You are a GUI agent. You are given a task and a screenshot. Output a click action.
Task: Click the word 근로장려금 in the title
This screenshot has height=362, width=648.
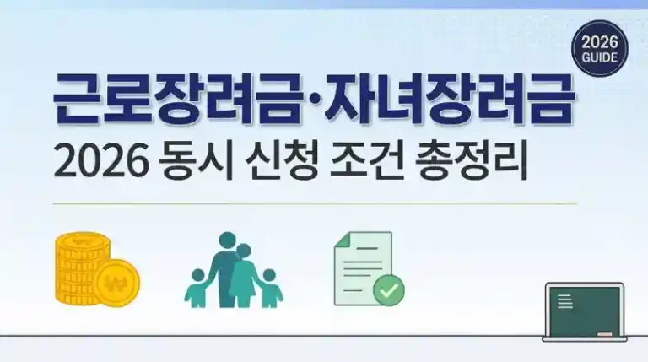177,99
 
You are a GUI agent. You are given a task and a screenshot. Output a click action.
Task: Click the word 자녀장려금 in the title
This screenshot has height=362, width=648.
449,99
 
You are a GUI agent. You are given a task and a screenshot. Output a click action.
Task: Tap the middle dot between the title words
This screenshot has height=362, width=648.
312,100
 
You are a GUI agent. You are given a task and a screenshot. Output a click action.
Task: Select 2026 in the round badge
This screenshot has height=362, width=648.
600,42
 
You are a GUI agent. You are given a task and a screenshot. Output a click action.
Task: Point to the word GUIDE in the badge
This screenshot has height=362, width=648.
600,57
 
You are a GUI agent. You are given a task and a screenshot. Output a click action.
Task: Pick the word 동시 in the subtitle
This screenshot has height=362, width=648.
195,160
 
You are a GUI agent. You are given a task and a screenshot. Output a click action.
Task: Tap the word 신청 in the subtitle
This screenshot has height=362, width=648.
281,160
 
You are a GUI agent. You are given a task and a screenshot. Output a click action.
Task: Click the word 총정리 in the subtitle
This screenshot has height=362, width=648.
472,160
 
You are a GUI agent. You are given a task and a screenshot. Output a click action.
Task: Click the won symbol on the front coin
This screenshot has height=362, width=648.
116,283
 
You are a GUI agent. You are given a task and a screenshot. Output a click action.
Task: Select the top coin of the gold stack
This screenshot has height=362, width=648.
83,240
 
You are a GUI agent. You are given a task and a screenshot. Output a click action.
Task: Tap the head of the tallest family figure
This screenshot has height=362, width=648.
227,240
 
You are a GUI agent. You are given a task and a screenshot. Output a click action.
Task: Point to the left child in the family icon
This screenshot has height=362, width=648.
197,288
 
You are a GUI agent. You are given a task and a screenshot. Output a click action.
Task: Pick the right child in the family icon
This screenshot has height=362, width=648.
270,288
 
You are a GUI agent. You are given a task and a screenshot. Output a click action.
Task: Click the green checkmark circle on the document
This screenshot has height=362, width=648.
388,290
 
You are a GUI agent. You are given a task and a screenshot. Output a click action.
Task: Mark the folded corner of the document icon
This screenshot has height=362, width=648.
343,240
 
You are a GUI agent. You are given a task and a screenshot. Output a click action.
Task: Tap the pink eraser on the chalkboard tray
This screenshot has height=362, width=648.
605,333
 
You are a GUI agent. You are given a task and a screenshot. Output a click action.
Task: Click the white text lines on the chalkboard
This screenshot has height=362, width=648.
565,301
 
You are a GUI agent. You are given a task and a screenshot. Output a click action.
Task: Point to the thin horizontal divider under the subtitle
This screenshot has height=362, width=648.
315,203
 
